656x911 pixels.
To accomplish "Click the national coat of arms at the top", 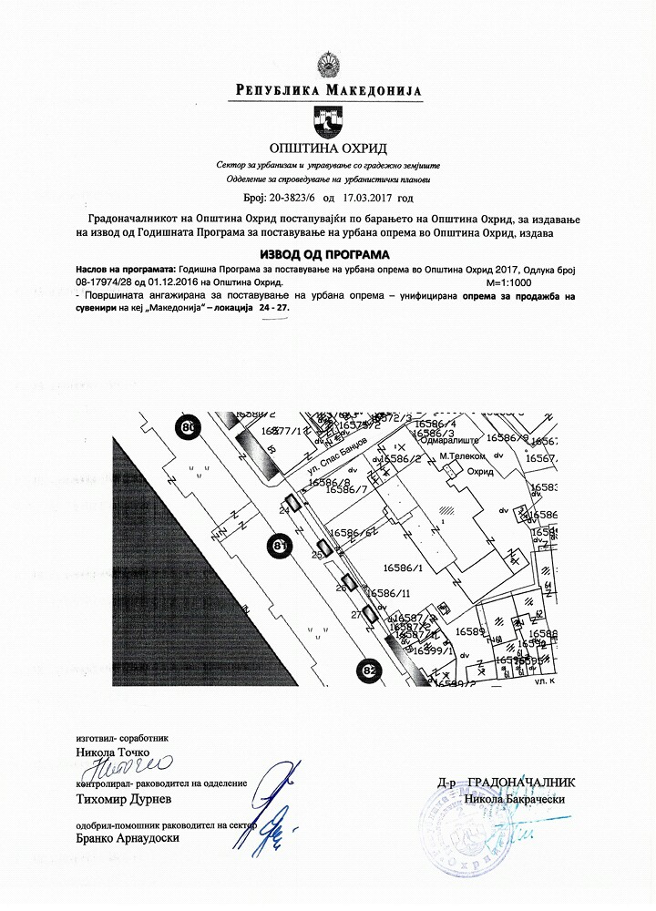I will (327, 65).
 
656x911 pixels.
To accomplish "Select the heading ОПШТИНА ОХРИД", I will (327, 148).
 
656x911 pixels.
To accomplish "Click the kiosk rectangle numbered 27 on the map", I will (369, 614).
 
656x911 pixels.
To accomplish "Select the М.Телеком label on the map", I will (459, 454).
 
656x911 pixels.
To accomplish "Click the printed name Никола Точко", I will (107, 752).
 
